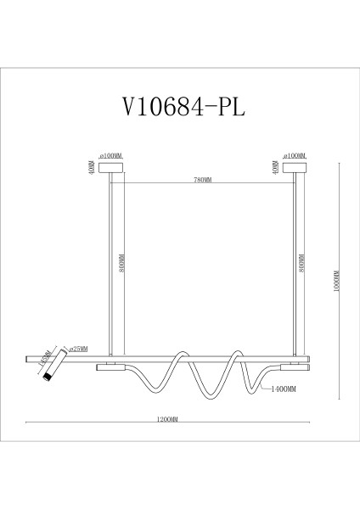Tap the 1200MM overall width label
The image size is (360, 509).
coord(168,419)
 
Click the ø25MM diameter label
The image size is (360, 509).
coord(78,349)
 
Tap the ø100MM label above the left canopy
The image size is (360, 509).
coord(111,156)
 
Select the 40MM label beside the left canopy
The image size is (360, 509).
coord(90,167)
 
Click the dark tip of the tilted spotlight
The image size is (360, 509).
coord(49,376)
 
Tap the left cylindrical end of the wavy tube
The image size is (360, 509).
coord(111,368)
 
